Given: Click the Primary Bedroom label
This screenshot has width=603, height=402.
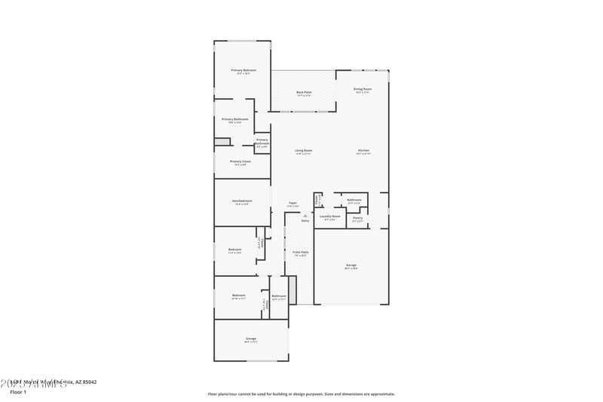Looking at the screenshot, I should click(x=243, y=70).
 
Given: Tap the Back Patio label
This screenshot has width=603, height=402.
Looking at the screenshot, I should click(x=304, y=92).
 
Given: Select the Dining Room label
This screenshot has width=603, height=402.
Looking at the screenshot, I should click(x=362, y=90).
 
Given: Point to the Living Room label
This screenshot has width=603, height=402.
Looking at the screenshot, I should click(x=304, y=151).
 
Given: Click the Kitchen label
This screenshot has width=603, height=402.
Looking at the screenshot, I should click(x=363, y=151).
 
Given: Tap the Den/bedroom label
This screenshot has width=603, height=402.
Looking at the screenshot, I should click(x=242, y=201).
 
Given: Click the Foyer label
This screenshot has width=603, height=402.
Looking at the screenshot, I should click(x=292, y=203).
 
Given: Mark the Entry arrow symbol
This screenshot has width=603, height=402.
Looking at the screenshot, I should click(x=305, y=216).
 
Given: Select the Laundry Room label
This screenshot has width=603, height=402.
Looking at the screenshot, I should click(x=330, y=216).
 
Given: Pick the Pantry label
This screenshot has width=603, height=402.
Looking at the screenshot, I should click(x=357, y=218).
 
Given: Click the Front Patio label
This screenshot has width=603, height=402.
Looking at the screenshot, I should click(x=300, y=253).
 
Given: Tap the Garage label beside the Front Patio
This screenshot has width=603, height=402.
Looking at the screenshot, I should click(x=351, y=265).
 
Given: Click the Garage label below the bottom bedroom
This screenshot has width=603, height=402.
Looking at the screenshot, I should click(x=251, y=339).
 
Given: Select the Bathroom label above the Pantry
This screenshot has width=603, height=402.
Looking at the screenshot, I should click(x=354, y=200).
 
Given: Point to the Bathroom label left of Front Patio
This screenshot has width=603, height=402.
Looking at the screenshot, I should click(x=279, y=296).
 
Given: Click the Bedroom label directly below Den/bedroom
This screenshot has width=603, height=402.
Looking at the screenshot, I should click(x=235, y=250).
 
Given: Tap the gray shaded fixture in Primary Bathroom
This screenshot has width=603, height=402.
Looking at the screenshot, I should click(x=222, y=142).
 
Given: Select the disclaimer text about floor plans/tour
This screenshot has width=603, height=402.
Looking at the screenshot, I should click(x=301, y=394).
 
